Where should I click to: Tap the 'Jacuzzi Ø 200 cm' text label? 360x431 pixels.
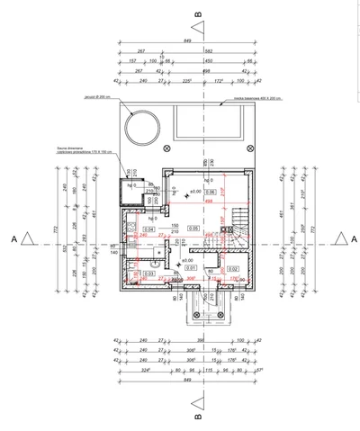[x=97, y=96]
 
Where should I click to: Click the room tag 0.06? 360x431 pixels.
[x=209, y=192]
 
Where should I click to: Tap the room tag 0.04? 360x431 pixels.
[x=149, y=229]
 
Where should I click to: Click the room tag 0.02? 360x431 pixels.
[x=232, y=268]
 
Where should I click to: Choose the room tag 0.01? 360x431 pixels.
[x=190, y=267]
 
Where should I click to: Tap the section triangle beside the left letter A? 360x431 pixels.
[x=29, y=238]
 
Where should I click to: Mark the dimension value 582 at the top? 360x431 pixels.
[x=208, y=51]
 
